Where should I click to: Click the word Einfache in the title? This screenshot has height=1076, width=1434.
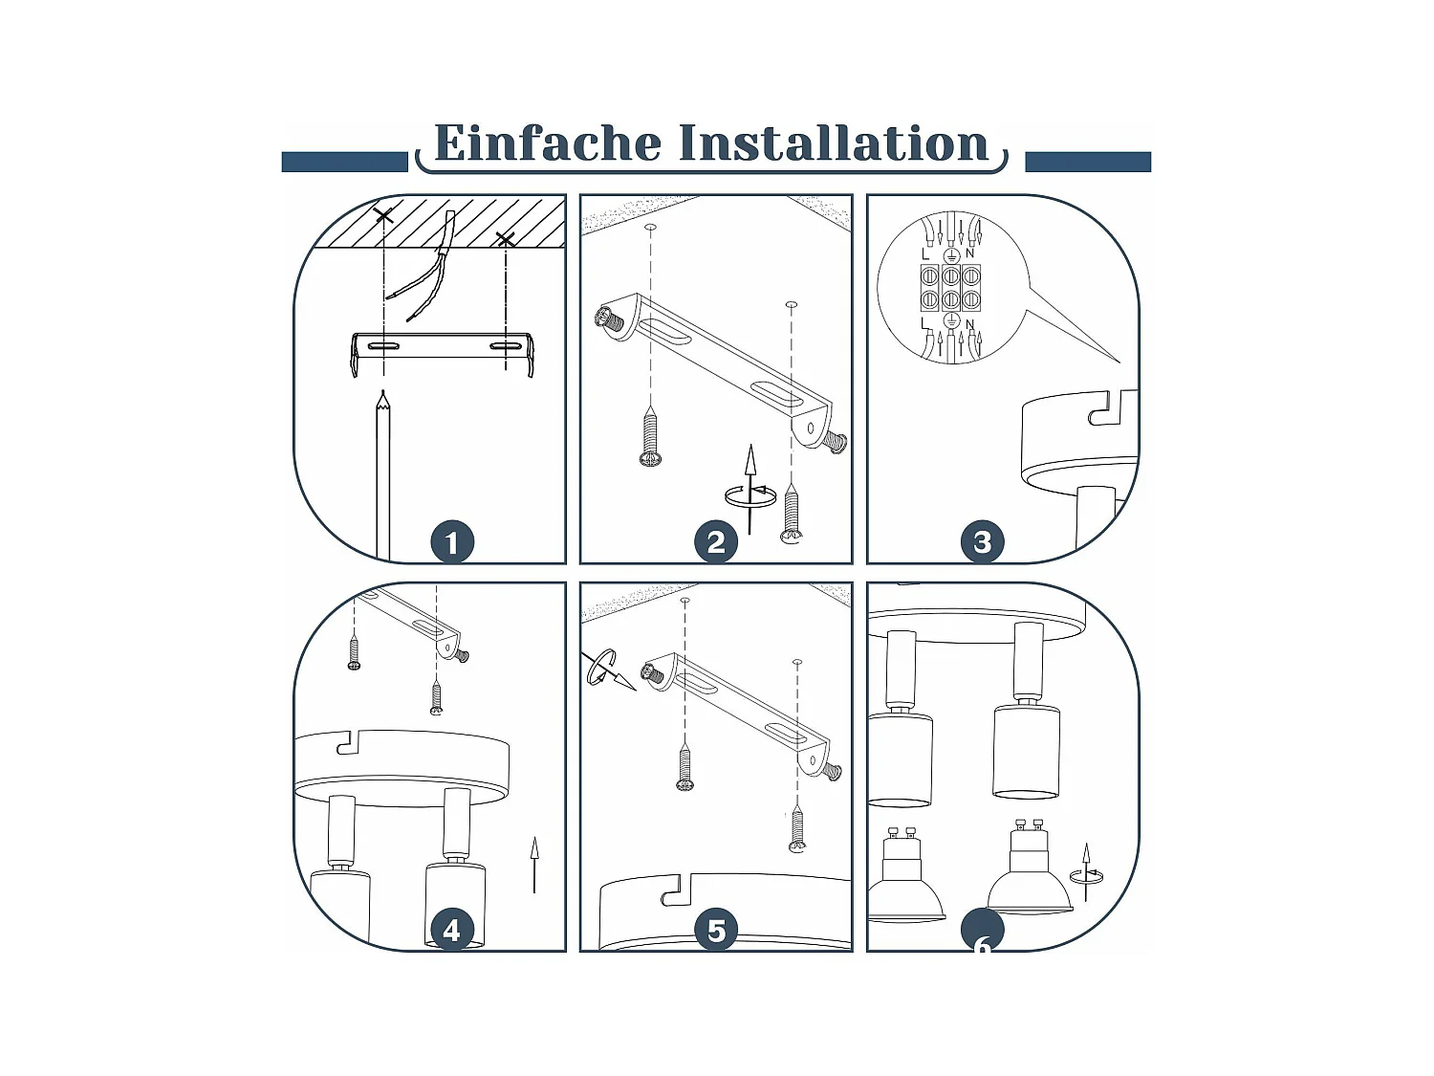pos(548,143)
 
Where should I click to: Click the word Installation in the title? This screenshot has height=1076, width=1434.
pos(834,143)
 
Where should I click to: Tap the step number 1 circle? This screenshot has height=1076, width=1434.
pos(452,541)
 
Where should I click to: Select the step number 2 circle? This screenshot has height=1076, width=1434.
pos(716,541)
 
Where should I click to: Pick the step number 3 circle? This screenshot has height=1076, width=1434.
pos(982,541)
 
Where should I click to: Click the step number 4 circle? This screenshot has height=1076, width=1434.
pos(452,930)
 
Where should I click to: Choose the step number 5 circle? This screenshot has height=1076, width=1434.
pos(716,930)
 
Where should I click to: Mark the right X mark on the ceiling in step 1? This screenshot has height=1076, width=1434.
pos(505,240)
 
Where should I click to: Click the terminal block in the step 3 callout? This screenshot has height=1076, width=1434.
pos(951,288)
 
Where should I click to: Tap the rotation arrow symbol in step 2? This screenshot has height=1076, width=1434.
pos(750,495)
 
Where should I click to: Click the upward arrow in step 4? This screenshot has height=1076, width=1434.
pos(534,865)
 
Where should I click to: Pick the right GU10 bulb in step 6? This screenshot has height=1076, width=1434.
pos(1030,867)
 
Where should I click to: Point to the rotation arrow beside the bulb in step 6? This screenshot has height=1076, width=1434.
pos(1086,875)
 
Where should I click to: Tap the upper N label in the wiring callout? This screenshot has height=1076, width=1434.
pos(969,253)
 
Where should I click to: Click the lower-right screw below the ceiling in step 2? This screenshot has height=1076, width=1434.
pos(792,516)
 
